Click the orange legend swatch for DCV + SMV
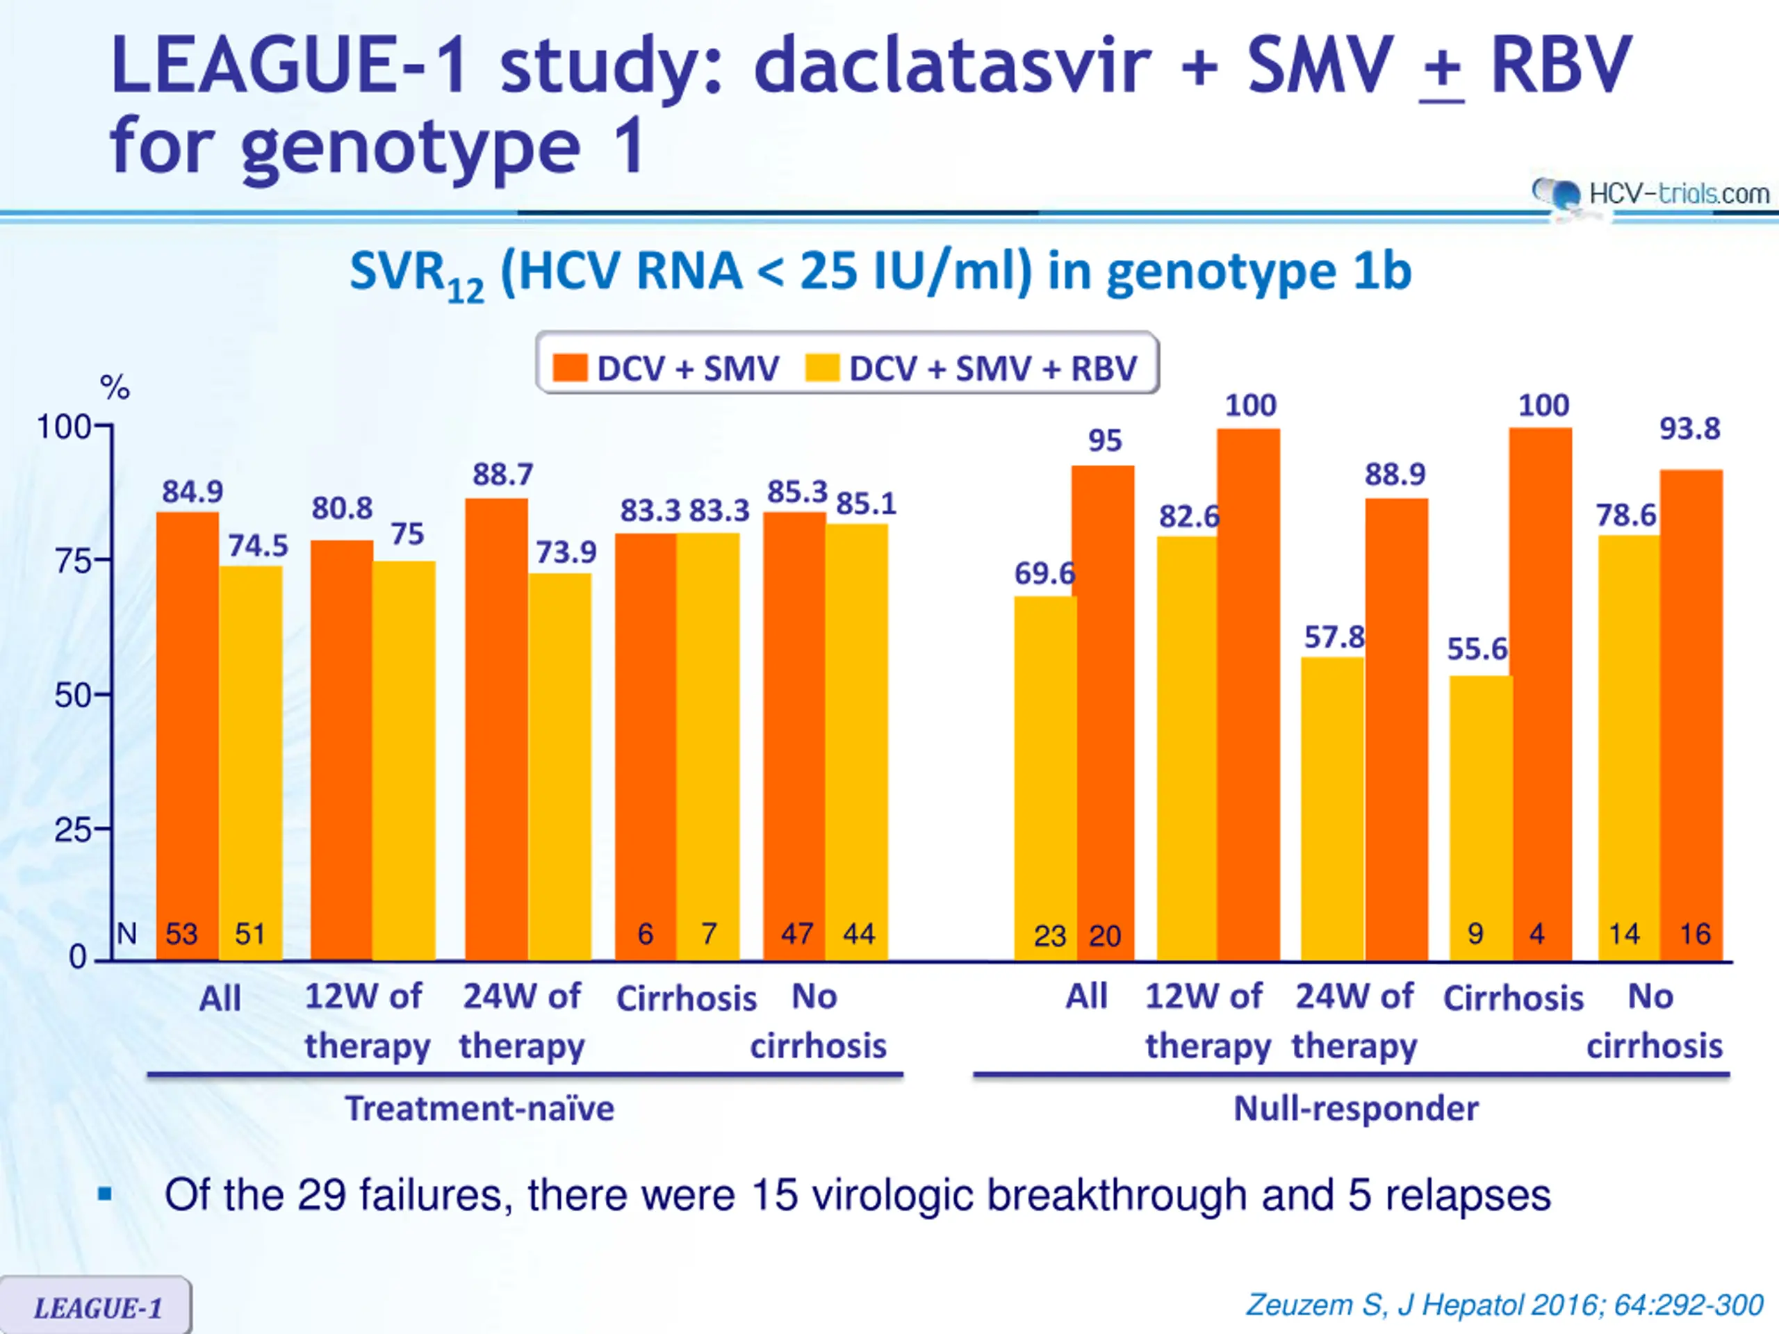click(x=571, y=368)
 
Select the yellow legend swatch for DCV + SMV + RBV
click(x=823, y=368)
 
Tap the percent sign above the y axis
click(x=114, y=388)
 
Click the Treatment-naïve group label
click(x=479, y=1109)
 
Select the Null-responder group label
click(x=1356, y=1109)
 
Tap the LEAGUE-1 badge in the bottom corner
click(x=97, y=1308)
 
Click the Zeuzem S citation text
click(x=1504, y=1304)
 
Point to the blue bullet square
click(x=104, y=1194)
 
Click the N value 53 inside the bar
click(x=182, y=934)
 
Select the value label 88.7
click(x=502, y=475)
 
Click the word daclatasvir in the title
click(x=953, y=66)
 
